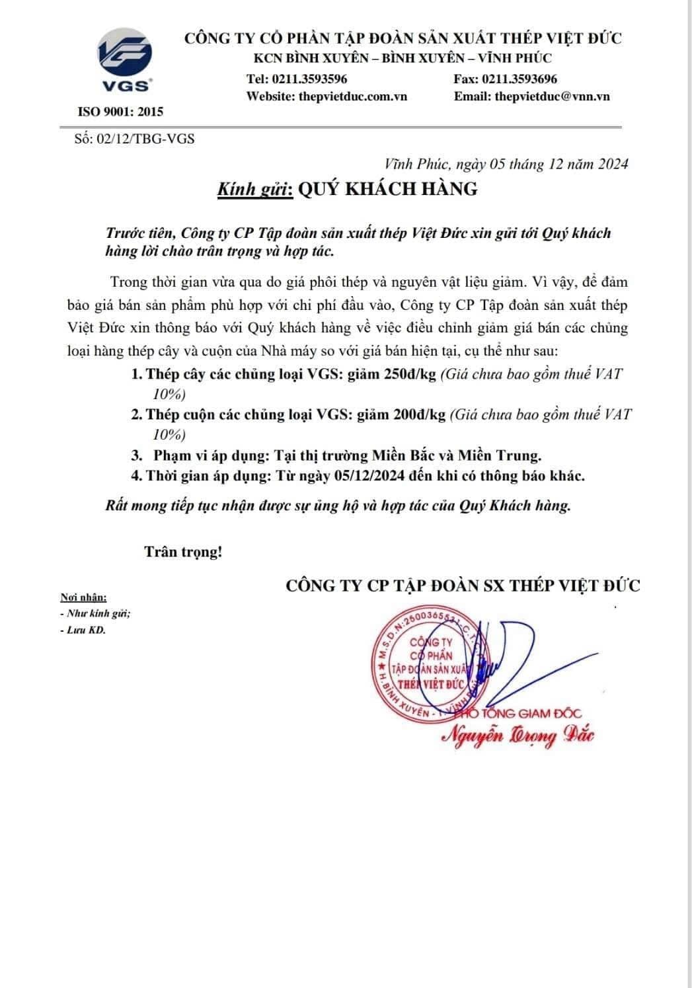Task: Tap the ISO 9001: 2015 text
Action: pos(120,112)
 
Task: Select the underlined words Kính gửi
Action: pos(255,189)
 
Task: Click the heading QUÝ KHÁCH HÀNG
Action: pos(388,189)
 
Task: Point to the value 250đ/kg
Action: pos(410,374)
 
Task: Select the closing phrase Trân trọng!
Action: pos(184,552)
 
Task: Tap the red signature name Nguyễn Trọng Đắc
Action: pos(518,735)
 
